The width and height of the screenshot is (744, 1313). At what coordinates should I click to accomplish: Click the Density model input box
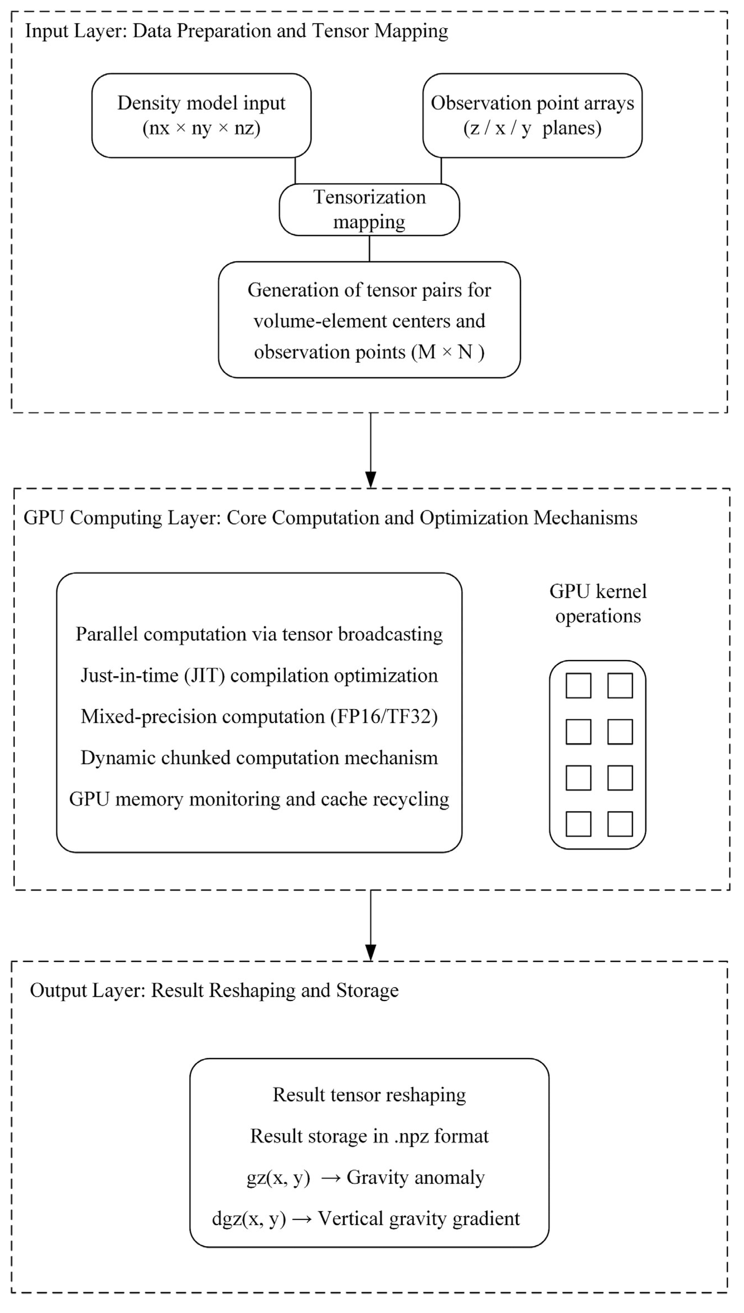click(x=201, y=116)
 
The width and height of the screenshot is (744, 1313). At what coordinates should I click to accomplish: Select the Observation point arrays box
click(x=532, y=116)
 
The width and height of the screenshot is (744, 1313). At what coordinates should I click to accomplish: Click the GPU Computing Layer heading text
click(x=330, y=518)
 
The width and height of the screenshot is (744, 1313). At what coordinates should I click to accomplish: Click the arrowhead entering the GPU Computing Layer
click(x=371, y=480)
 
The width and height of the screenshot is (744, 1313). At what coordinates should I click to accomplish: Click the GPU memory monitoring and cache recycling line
click(x=259, y=799)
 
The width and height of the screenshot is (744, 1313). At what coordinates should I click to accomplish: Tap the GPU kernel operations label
click(x=598, y=604)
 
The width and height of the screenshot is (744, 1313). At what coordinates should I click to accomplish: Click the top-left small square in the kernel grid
click(x=578, y=686)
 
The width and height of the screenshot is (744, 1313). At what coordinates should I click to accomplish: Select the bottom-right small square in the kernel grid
click(x=620, y=824)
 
